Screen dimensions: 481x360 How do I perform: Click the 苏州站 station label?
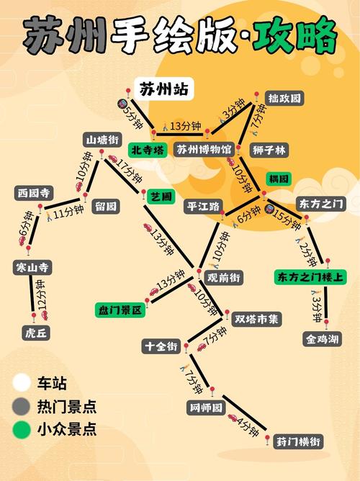(x=164, y=89)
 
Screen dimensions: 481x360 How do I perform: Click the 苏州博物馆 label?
(x=204, y=150)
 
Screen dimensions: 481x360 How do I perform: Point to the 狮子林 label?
(x=269, y=150)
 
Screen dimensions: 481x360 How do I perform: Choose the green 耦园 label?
(x=278, y=178)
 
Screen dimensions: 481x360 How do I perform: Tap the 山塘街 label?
(x=102, y=139)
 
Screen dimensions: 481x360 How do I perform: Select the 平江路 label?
(x=202, y=206)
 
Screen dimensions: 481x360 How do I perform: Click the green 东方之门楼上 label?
(x=311, y=277)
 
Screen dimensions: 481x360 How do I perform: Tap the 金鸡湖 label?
(x=320, y=338)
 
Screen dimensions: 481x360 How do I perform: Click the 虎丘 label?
(x=35, y=333)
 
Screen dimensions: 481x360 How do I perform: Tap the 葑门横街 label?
(x=297, y=441)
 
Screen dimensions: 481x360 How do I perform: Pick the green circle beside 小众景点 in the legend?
(x=21, y=430)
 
